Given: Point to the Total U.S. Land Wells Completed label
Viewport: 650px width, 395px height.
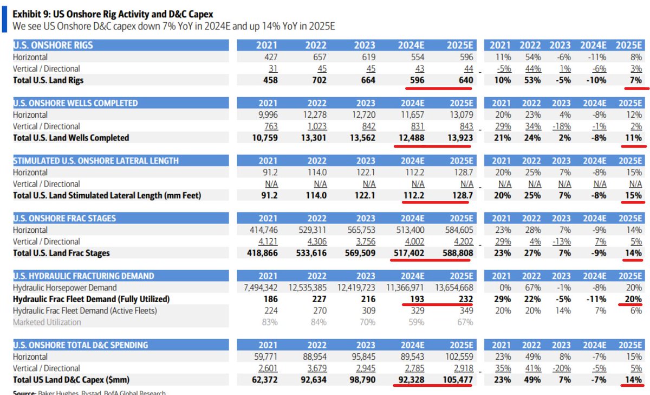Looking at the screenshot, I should pyautogui.click(x=71, y=138).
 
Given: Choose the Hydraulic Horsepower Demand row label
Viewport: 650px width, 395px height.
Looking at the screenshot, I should pyautogui.click(x=64, y=288).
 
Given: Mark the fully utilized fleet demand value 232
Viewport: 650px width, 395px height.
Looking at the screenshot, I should pyautogui.click(x=465, y=299).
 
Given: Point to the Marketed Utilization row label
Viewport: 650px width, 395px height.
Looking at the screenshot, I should pyautogui.click(x=47, y=322).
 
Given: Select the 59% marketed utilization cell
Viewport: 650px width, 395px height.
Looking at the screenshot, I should pyautogui.click(x=417, y=322).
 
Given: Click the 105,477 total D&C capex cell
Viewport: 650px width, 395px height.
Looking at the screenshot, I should pyautogui.click(x=454, y=379).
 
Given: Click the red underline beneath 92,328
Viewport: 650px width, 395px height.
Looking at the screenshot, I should pyautogui.click(x=414, y=387).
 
